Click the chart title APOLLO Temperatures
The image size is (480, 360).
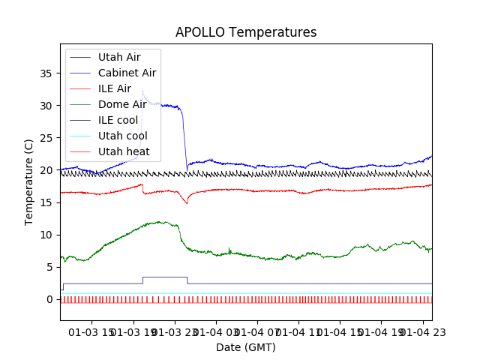point(246,33)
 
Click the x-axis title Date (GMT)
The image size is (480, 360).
point(246,347)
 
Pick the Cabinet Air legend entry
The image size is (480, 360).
point(127,73)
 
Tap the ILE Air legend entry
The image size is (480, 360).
point(114,88)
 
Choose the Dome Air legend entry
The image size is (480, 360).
point(122,104)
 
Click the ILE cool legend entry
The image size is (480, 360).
point(117,120)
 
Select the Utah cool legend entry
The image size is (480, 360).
point(123,136)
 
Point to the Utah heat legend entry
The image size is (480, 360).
point(124,151)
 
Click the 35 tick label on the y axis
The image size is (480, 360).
point(46,73)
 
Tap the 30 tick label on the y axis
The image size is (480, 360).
point(46,106)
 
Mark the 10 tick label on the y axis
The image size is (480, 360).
point(46,235)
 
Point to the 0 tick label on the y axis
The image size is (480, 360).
point(49,299)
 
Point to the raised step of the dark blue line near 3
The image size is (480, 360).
point(165,277)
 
